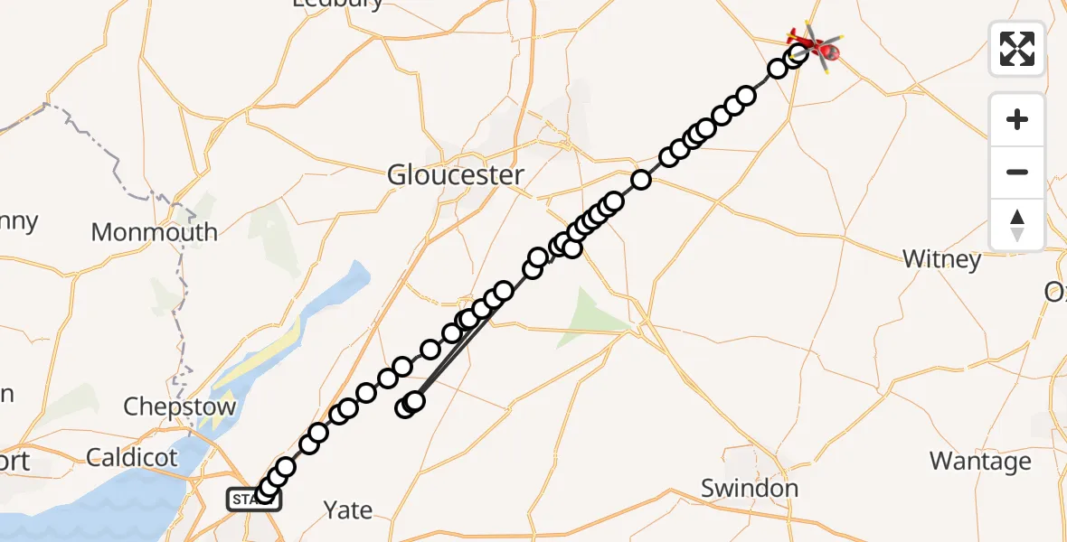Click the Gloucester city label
coord(455,175)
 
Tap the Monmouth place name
coord(155,232)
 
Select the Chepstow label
coord(179,406)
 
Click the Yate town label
coord(348,510)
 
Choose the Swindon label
coord(750,489)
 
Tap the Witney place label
coord(942,260)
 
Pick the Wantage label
coord(980,462)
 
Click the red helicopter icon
coord(814,44)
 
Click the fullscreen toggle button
coord(1017,49)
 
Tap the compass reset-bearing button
coord(1017,225)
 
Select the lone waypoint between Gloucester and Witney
coord(641,180)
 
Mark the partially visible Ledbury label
coord(338,4)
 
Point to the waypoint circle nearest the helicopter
coord(797,55)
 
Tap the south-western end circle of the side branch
coord(406,408)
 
